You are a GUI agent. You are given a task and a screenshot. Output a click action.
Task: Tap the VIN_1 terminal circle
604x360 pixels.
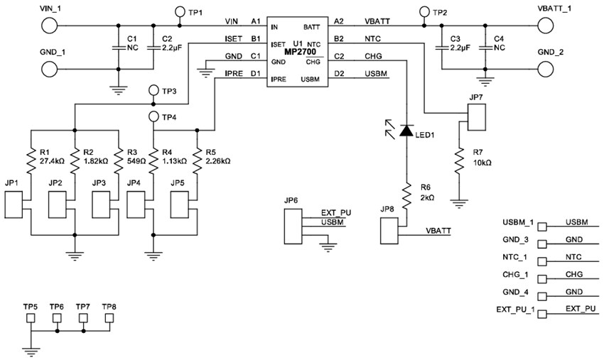click(x=49, y=26)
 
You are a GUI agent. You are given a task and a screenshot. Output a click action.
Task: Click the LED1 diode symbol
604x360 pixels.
click(x=406, y=131)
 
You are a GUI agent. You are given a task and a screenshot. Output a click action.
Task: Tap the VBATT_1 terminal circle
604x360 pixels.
click(x=546, y=26)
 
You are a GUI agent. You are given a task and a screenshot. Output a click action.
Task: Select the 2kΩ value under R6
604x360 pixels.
click(x=428, y=196)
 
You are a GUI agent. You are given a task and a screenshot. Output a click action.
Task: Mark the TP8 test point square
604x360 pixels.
click(x=109, y=317)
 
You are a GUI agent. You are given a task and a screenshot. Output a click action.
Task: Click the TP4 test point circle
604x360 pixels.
click(x=153, y=116)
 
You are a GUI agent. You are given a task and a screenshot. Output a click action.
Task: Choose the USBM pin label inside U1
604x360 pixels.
click(x=309, y=80)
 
